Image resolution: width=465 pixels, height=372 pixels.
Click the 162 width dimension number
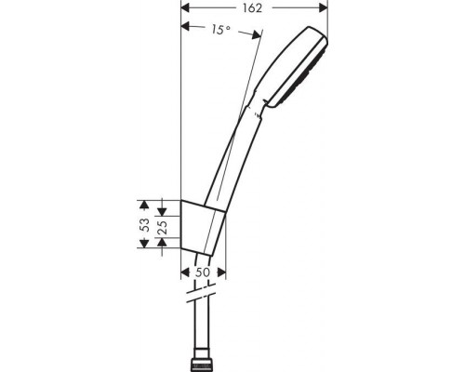point(254,7)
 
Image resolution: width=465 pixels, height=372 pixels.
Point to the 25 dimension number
point(163,224)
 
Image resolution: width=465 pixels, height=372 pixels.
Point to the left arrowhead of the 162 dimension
point(184,7)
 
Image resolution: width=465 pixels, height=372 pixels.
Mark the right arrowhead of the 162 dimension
point(324,7)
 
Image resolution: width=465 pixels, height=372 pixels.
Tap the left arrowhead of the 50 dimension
point(182,274)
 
